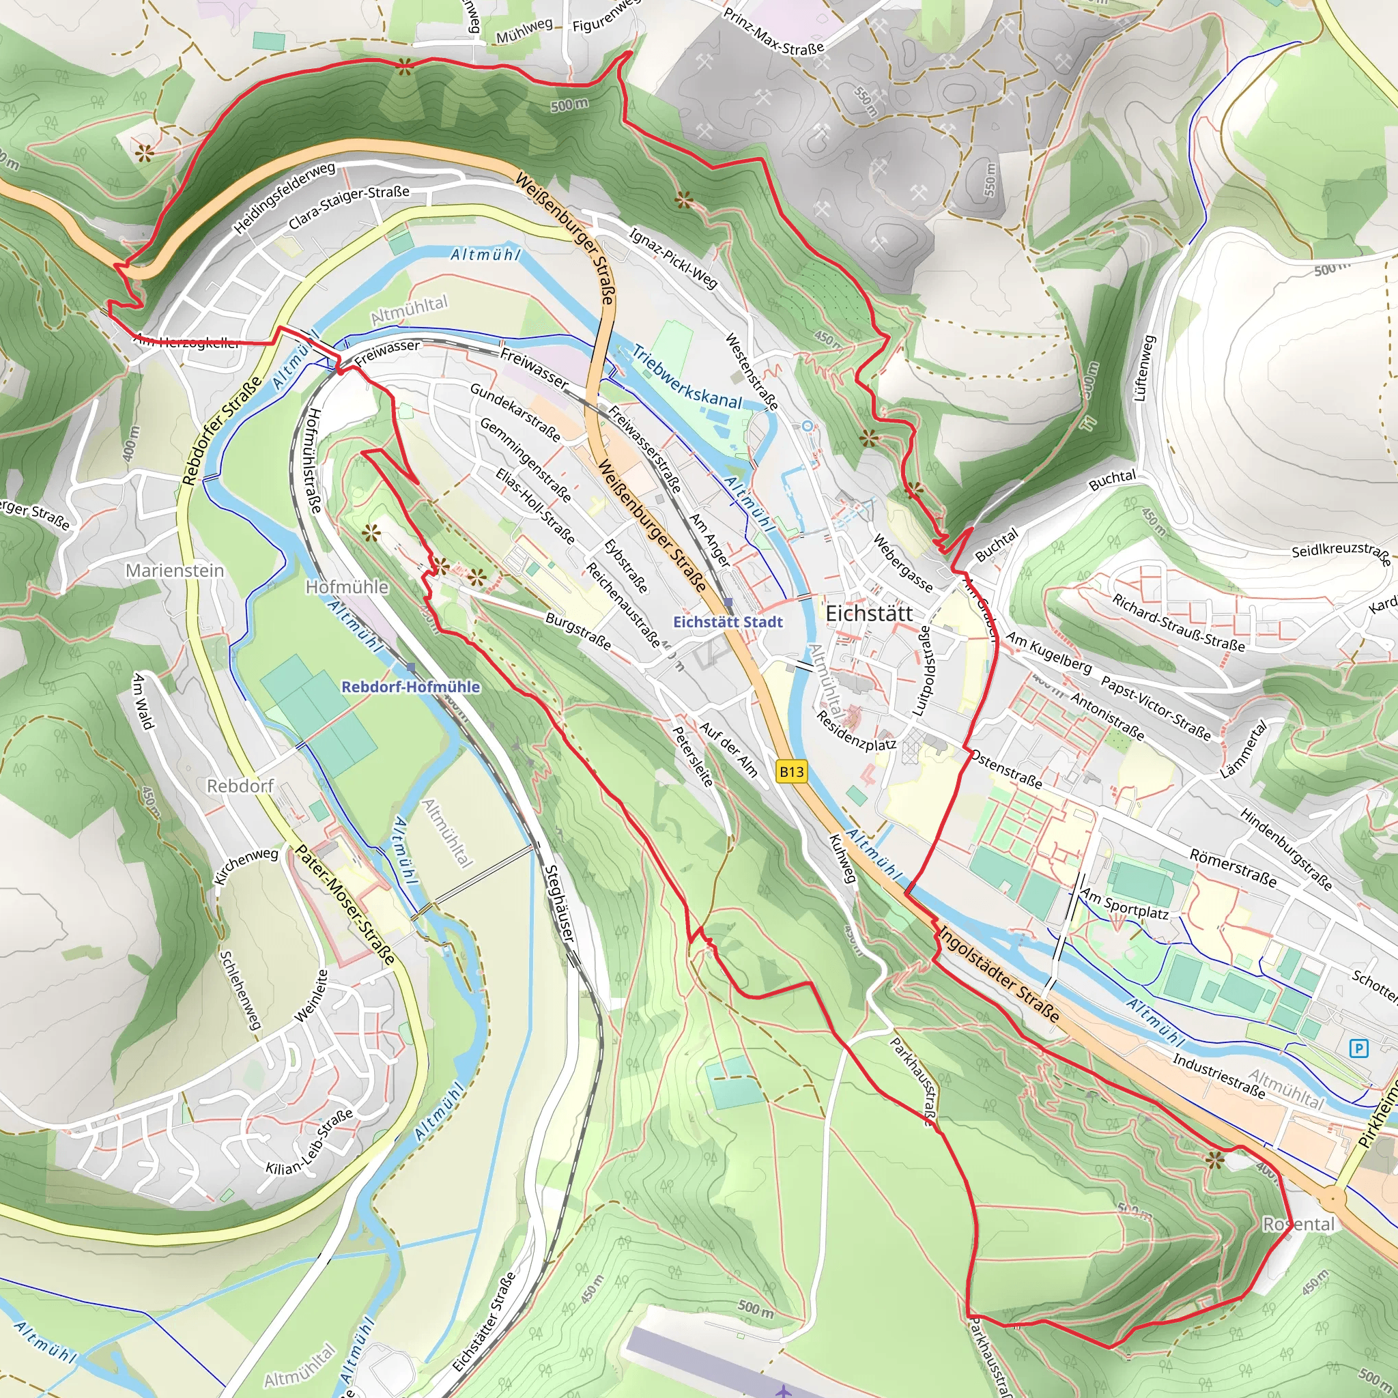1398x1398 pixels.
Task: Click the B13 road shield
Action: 791,771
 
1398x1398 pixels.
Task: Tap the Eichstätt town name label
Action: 869,614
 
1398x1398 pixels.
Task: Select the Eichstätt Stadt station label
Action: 728,623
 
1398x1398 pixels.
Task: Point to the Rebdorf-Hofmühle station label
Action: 410,687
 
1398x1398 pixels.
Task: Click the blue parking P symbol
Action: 1359,1048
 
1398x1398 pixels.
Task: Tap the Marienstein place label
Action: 175,571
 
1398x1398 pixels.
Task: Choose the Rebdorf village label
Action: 240,786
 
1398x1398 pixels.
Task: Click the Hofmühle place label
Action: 347,587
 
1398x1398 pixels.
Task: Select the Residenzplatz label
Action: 856,731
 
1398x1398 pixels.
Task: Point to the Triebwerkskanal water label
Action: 687,377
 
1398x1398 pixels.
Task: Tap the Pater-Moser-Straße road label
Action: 345,904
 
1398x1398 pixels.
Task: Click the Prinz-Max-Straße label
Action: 773,31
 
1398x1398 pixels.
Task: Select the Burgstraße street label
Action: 578,630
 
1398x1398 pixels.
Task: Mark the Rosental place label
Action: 1298,1224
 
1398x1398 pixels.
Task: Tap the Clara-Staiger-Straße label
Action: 349,207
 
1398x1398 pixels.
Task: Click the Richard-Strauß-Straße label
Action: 1178,623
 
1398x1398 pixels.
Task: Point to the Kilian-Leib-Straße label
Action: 310,1143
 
